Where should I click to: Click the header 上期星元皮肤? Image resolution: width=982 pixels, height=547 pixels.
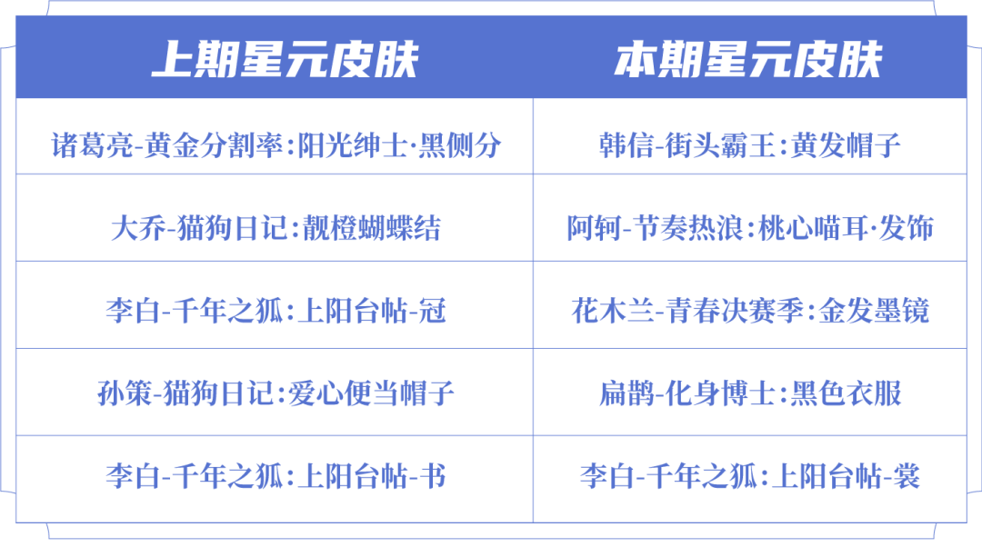click(x=285, y=60)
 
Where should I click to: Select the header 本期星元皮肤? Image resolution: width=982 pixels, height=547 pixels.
click(x=748, y=60)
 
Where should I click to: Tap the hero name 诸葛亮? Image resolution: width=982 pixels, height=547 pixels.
click(x=93, y=145)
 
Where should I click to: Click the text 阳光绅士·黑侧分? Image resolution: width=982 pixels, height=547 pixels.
click(x=399, y=145)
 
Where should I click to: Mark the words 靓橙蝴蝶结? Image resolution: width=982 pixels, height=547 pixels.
click(x=372, y=228)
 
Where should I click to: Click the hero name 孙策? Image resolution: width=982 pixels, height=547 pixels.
click(x=125, y=393)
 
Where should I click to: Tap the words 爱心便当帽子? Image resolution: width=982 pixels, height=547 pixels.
click(x=371, y=393)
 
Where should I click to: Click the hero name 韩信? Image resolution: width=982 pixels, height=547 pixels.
click(x=626, y=145)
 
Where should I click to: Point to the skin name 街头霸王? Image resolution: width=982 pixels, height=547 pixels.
click(x=720, y=145)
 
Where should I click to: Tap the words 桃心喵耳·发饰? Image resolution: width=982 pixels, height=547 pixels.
click(x=847, y=228)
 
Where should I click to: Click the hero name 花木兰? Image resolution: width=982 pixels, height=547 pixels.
click(x=613, y=311)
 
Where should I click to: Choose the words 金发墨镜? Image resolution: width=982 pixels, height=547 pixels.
click(x=875, y=311)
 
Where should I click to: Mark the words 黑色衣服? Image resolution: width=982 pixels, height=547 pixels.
click(x=847, y=393)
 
